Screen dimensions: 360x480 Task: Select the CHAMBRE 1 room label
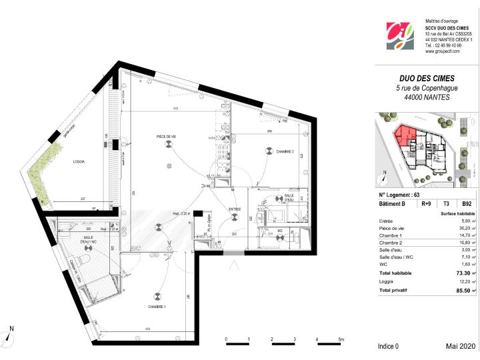tap(157, 306)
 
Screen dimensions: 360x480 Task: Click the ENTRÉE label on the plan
tap(235, 209)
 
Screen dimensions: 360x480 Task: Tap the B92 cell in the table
tap(467, 204)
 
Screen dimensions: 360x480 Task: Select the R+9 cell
tap(426, 204)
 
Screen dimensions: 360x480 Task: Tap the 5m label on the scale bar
tap(341, 341)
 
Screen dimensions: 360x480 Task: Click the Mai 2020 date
tap(461, 347)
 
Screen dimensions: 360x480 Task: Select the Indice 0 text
tap(388, 347)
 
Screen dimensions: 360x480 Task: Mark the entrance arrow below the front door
tap(234, 265)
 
